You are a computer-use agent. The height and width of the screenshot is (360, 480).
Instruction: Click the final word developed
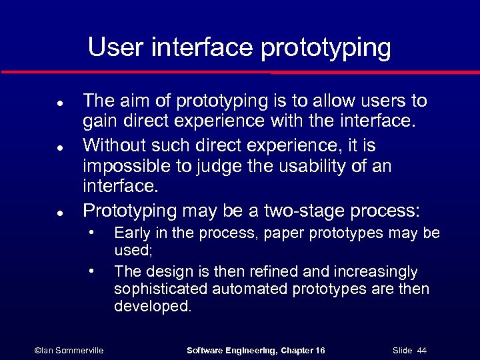(x=153, y=307)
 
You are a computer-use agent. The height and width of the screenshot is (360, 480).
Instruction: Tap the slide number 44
(x=421, y=350)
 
